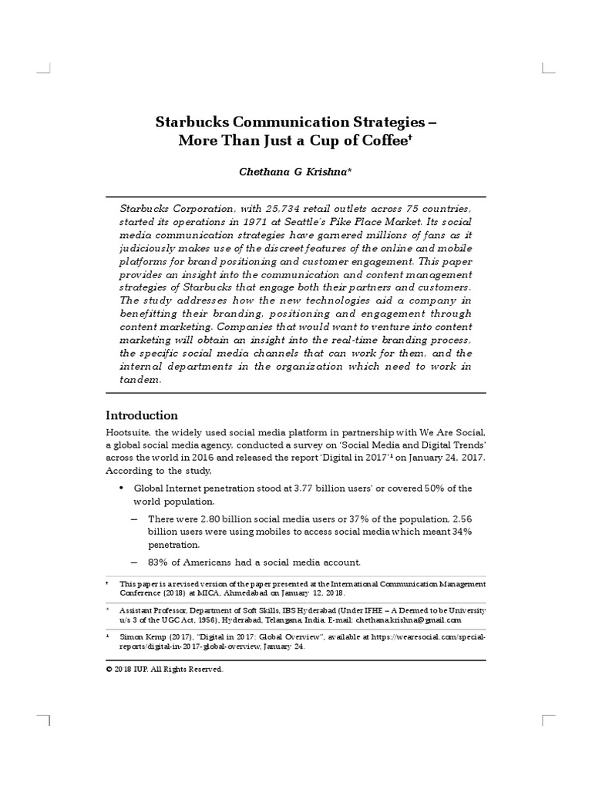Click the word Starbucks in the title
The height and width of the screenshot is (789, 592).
[x=189, y=122]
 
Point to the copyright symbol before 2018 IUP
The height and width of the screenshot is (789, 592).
[x=109, y=670]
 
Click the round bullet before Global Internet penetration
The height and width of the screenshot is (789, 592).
[x=121, y=489]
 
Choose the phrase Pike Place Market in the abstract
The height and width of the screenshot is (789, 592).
[x=423, y=223]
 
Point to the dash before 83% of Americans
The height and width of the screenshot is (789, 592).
[x=134, y=561]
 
